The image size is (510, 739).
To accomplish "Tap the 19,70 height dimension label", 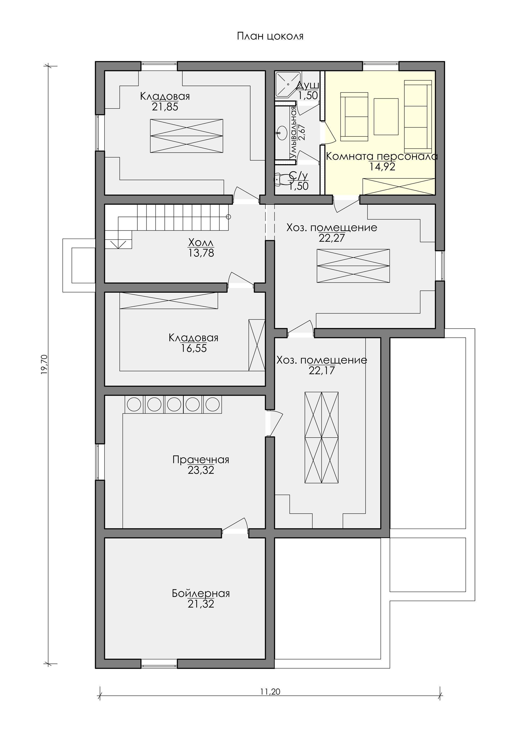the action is (44, 364).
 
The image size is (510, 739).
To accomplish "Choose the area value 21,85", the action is (165, 107).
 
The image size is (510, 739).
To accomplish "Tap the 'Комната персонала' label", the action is (381, 156).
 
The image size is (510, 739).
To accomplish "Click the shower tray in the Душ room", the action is (288, 84).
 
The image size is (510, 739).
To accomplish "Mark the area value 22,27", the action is (332, 238).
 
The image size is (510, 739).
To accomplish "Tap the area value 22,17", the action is (322, 370).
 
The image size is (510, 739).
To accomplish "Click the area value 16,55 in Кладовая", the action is (194, 348).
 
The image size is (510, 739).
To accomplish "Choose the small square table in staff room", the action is (386, 117).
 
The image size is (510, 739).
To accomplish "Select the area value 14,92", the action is (382, 166).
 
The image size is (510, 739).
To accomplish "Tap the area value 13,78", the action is (201, 253).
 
